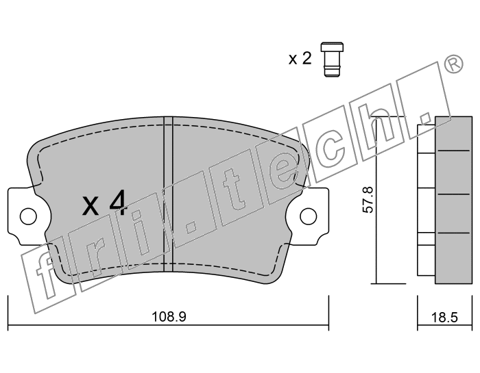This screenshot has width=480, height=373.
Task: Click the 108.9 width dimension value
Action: click(169, 316)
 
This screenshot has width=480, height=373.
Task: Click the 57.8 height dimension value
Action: click(368, 200)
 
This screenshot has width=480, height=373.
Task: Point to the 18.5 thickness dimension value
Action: click(444, 318)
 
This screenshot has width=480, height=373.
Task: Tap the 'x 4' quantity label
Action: click(104, 203)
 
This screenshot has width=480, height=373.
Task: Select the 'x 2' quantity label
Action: click(300, 58)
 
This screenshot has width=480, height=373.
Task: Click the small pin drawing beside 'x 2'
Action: click(332, 60)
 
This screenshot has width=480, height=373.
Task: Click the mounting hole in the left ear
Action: click(28, 216)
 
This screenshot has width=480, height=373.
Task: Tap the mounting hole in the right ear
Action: click(309, 216)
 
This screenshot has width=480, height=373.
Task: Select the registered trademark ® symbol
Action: click(453, 64)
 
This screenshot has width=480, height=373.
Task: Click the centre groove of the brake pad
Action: click(169, 194)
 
